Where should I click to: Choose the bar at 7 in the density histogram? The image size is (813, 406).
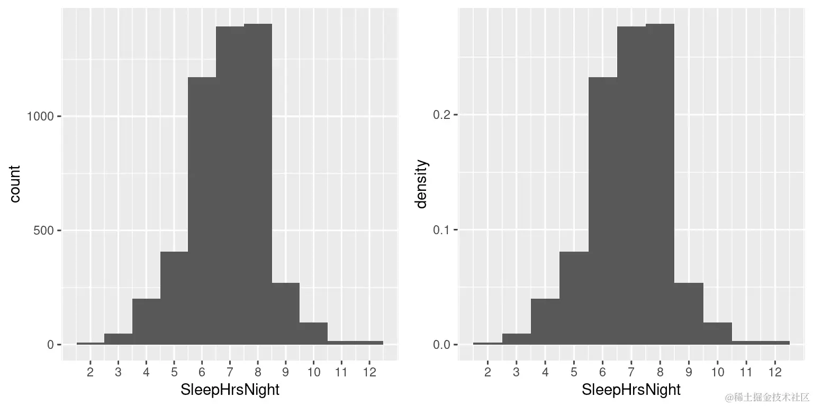[x=631, y=185]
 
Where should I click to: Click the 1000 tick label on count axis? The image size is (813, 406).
[x=40, y=116]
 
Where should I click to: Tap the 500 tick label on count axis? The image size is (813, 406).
[x=44, y=230]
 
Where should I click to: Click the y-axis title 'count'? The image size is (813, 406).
[x=15, y=184]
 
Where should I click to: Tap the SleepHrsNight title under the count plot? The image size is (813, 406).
[x=230, y=390]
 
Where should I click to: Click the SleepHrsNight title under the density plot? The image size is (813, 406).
[x=631, y=390]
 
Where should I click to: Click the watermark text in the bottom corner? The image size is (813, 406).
[x=767, y=396]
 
